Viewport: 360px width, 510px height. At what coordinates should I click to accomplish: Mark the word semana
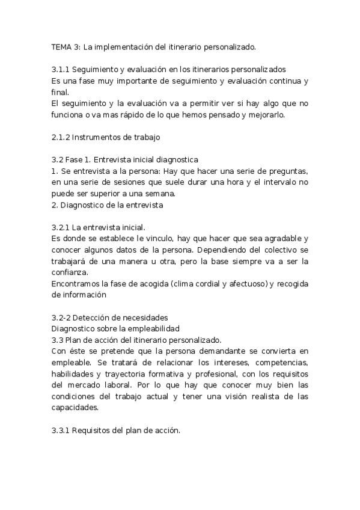click(176, 194)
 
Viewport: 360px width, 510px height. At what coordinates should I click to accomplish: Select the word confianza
click(72, 272)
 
